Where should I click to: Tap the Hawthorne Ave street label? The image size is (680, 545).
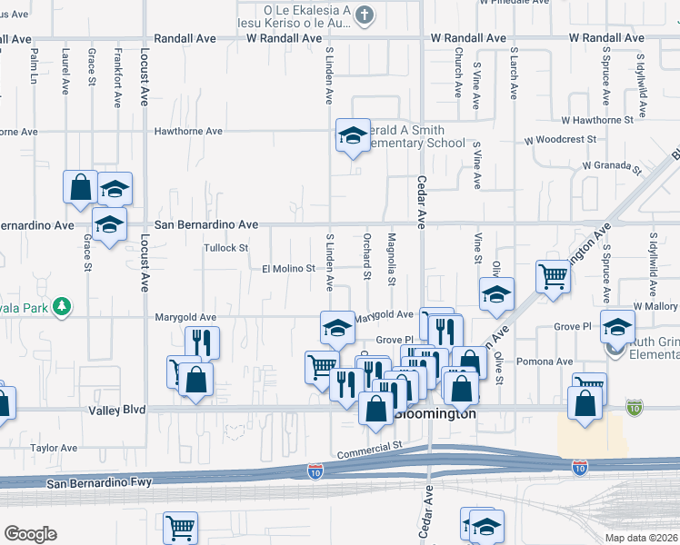(189, 132)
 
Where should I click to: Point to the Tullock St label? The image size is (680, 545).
(225, 248)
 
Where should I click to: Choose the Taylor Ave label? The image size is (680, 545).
(55, 448)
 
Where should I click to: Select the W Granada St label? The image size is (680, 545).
(612, 166)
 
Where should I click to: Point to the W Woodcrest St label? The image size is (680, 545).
(560, 141)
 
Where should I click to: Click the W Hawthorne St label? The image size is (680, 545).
(596, 120)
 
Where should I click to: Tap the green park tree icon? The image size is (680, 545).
(62, 306)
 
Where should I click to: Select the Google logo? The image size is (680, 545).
(30, 534)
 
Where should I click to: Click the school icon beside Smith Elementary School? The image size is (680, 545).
(353, 136)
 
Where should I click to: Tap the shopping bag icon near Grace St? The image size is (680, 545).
(80, 186)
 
